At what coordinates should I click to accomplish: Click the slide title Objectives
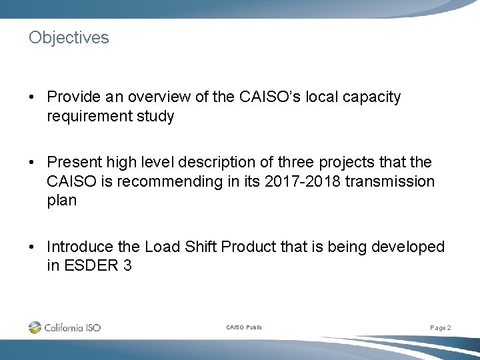tap(69, 38)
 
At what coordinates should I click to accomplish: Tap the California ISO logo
tap(65, 327)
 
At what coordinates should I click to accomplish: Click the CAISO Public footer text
tap(244, 328)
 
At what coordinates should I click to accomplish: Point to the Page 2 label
tap(441, 328)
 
